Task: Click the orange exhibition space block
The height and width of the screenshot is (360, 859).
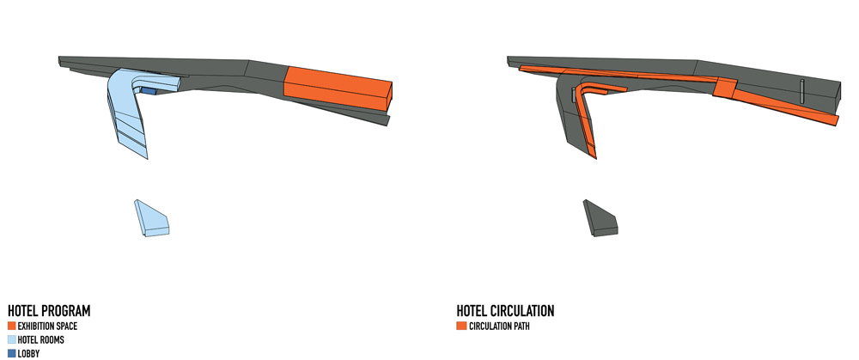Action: (338, 88)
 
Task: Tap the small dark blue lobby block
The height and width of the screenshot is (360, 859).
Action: (149, 90)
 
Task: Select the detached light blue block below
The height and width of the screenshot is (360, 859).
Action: (152, 218)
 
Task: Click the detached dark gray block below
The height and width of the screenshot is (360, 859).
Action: (600, 218)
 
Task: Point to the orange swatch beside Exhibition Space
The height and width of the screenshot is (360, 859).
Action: (11, 326)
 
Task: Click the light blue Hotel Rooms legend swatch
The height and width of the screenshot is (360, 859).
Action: (11, 339)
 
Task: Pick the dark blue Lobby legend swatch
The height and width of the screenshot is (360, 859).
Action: (11, 353)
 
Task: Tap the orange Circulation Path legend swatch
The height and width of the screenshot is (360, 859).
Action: (461, 326)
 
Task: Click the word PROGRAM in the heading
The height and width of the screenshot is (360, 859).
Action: (66, 311)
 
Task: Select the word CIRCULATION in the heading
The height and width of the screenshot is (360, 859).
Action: (522, 311)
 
